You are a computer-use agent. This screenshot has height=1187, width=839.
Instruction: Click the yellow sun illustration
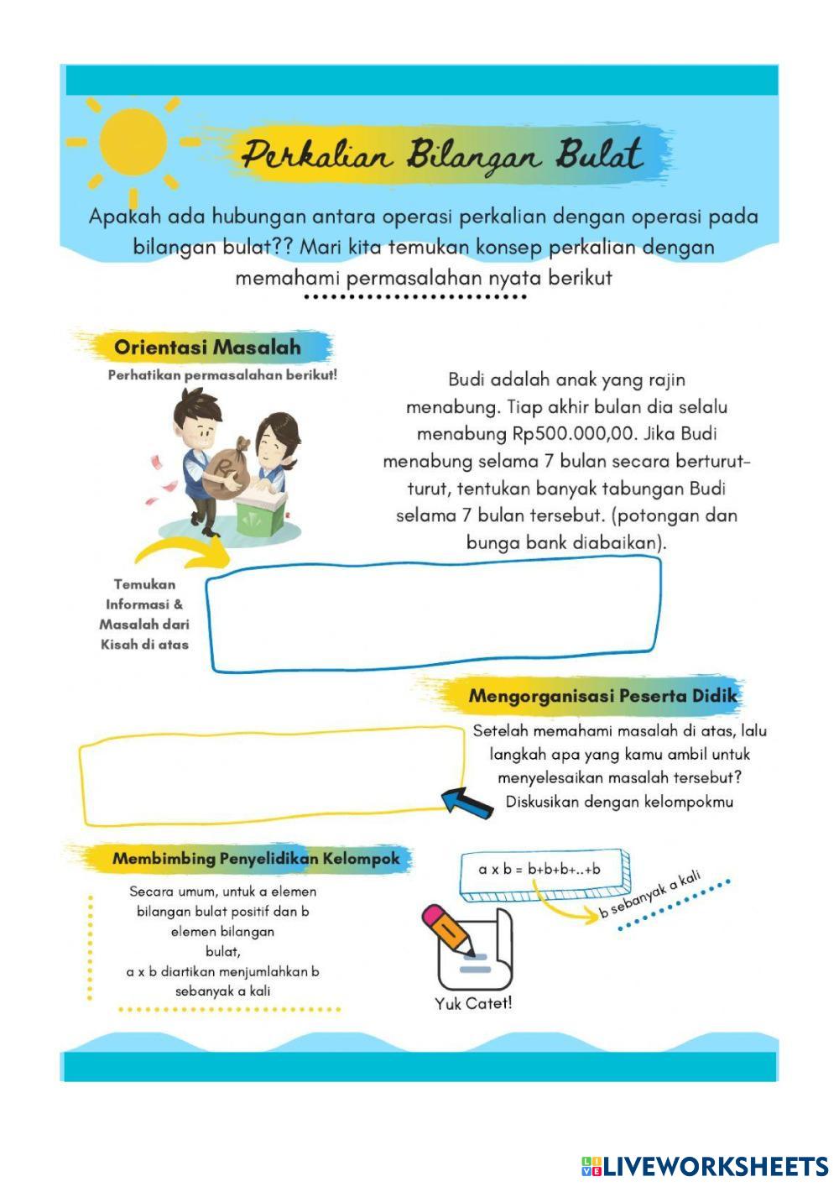click(x=133, y=143)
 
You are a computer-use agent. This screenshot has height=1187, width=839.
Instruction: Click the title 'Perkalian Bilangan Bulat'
click(x=442, y=156)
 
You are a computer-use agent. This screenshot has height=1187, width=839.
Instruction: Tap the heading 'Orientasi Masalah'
click(x=206, y=347)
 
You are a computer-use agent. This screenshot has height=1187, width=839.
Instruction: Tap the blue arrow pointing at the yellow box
click(x=466, y=802)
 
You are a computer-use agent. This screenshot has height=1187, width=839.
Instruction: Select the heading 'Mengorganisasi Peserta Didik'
click(x=602, y=696)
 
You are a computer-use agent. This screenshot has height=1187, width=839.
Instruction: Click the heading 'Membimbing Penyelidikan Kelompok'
click(x=256, y=859)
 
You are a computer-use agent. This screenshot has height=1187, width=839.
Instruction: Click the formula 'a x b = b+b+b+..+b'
click(x=539, y=869)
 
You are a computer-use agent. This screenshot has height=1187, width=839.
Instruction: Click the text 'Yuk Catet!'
click(x=472, y=1003)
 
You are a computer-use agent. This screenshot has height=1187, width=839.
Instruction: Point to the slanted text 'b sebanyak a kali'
click(x=649, y=894)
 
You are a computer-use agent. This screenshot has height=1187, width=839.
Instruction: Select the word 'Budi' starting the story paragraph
click(x=466, y=379)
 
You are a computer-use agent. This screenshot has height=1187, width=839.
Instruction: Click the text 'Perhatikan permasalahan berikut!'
click(x=222, y=375)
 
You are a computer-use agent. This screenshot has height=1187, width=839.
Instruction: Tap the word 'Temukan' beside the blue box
click(x=144, y=584)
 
